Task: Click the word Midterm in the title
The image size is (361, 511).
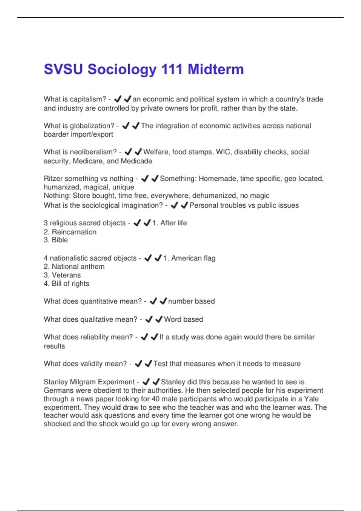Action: (x=216, y=69)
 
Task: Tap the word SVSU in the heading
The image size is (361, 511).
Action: (x=63, y=69)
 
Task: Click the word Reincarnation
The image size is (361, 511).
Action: (x=74, y=232)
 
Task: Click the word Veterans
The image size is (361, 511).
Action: (x=66, y=275)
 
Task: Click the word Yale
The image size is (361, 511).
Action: (x=311, y=399)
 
